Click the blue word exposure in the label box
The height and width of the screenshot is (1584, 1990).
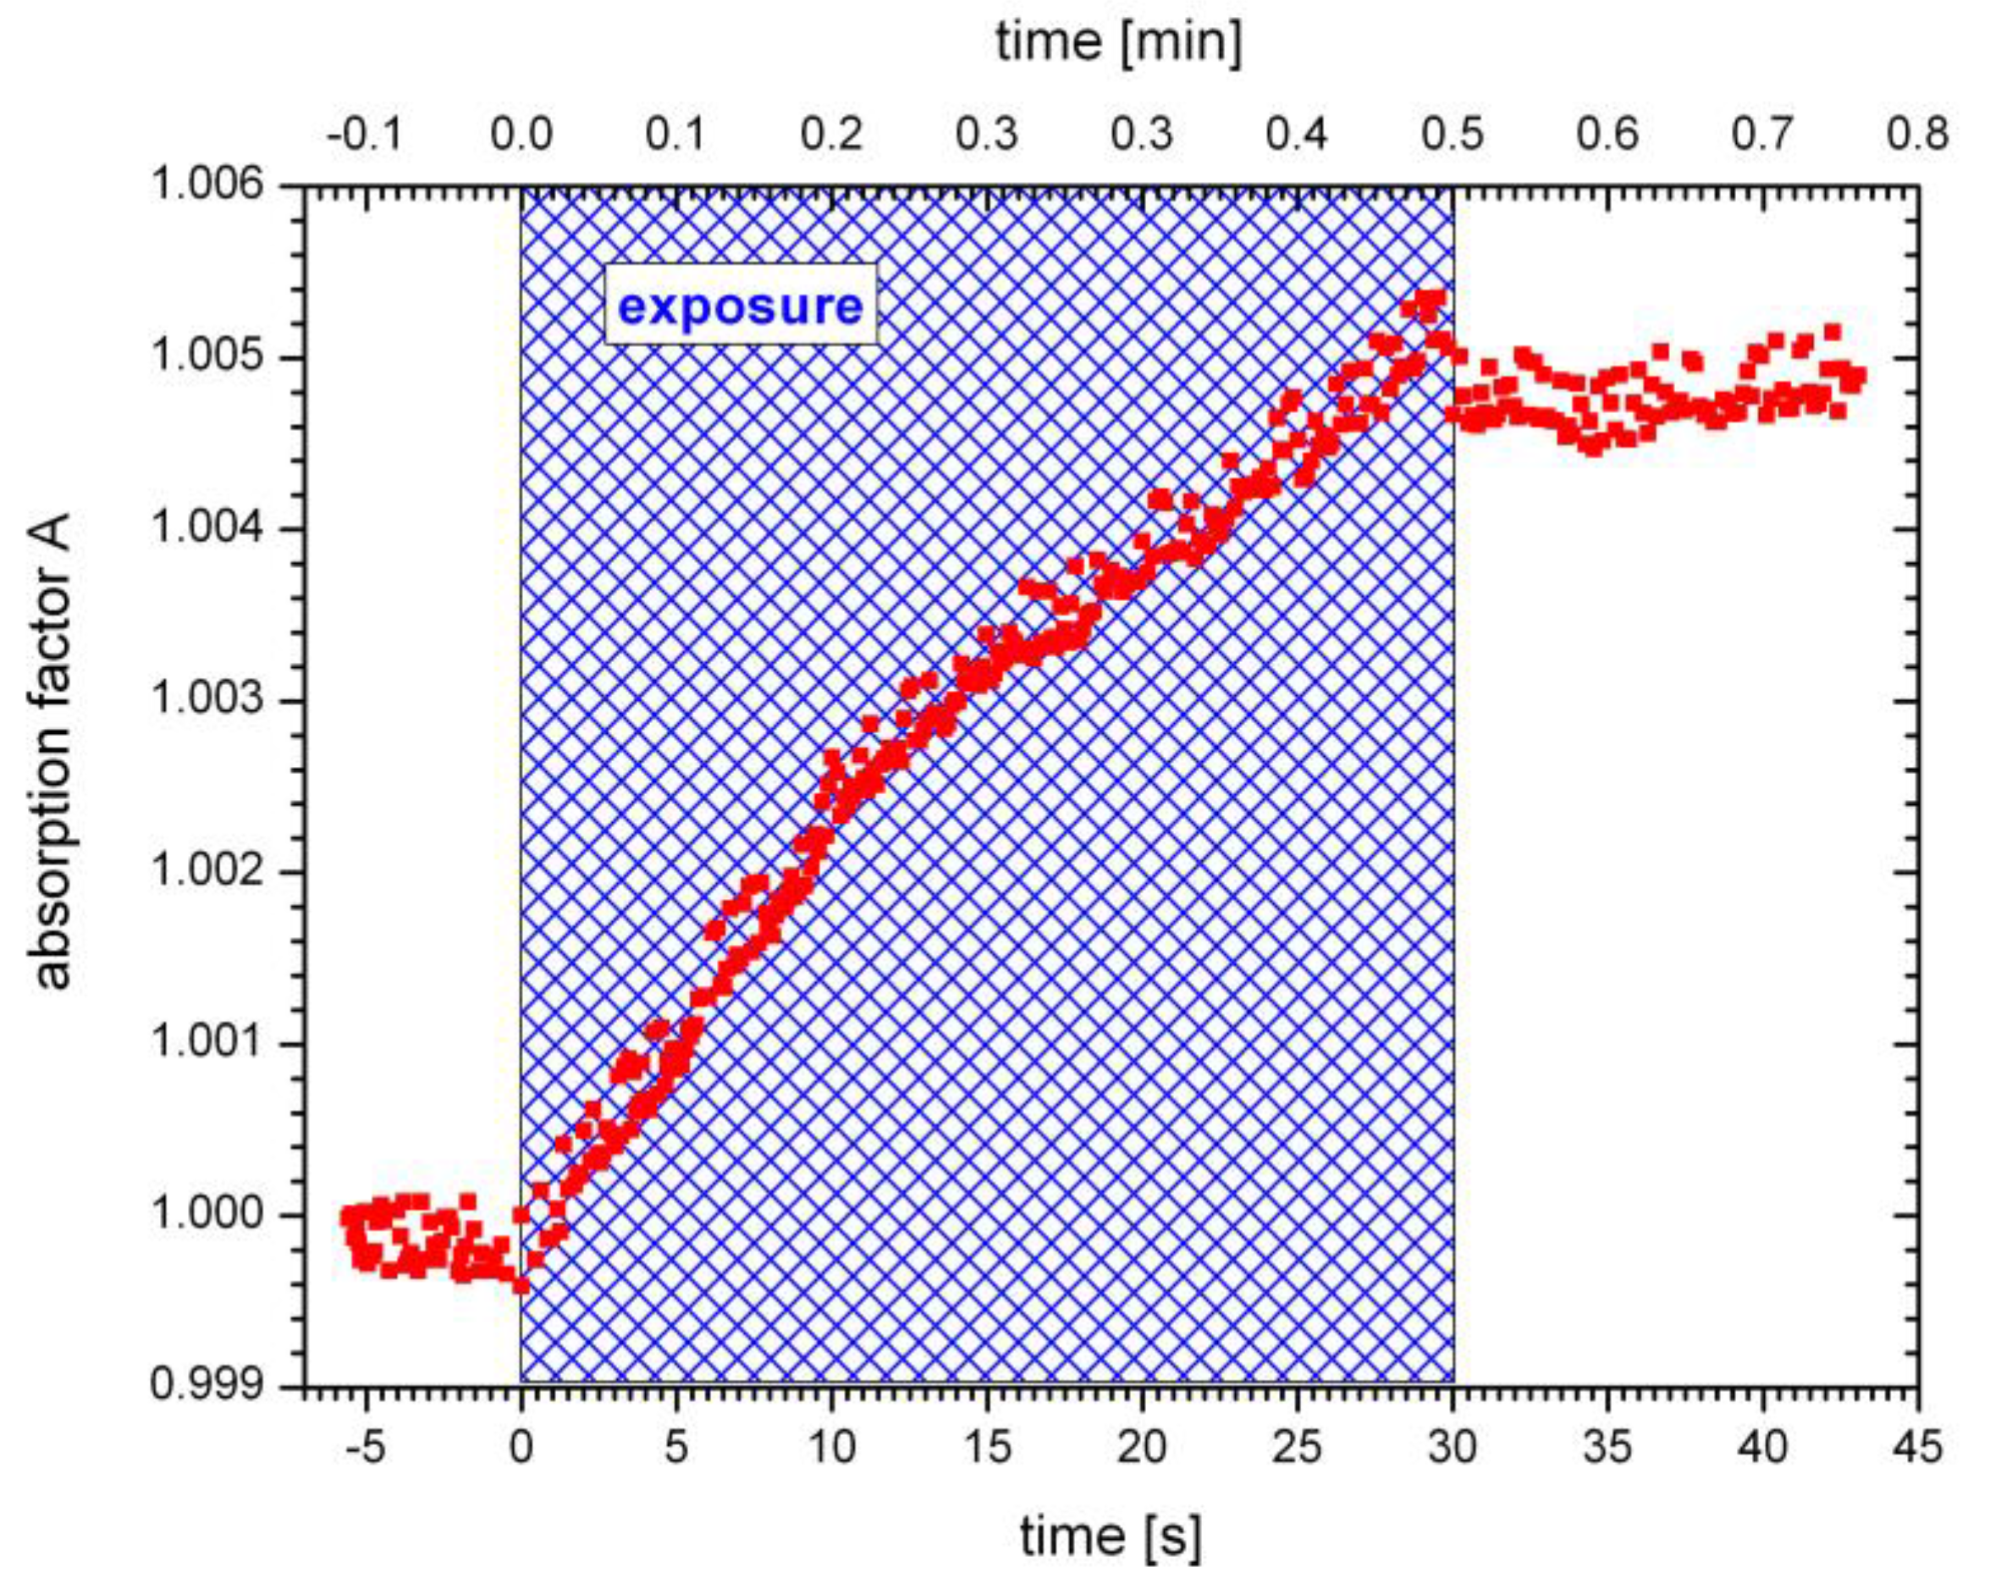(741, 306)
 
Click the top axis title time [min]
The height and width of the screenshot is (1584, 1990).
(1119, 43)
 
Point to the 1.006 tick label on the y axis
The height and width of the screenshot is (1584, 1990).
(206, 185)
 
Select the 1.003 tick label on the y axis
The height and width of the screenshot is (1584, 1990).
(206, 699)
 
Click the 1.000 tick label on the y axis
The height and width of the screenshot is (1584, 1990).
(206, 1214)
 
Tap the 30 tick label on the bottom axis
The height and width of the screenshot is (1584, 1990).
(1453, 1447)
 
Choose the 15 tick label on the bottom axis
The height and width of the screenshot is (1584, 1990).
(987, 1447)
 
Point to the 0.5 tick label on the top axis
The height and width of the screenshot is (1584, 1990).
(1453, 135)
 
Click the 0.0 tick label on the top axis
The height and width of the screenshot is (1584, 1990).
(521, 135)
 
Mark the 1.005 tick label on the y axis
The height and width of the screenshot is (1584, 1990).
(206, 356)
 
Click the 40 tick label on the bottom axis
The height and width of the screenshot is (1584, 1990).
(1763, 1447)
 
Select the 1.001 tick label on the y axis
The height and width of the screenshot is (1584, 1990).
(206, 1042)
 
